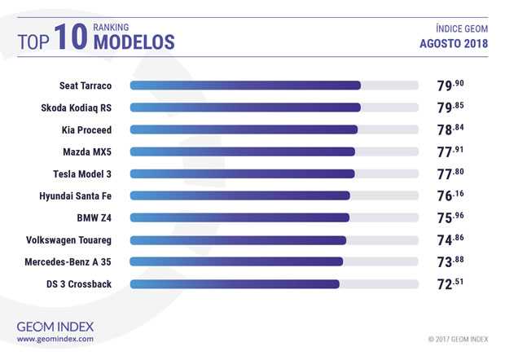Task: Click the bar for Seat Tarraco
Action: (244, 85)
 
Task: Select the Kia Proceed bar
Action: (243, 129)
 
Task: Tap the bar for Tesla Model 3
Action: (242, 173)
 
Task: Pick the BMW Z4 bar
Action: (239, 217)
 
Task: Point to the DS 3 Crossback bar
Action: (235, 284)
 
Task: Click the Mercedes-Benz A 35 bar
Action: (236, 261)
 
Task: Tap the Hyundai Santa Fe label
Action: (75, 195)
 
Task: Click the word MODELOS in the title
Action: (134, 42)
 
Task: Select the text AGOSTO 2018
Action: (455, 43)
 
